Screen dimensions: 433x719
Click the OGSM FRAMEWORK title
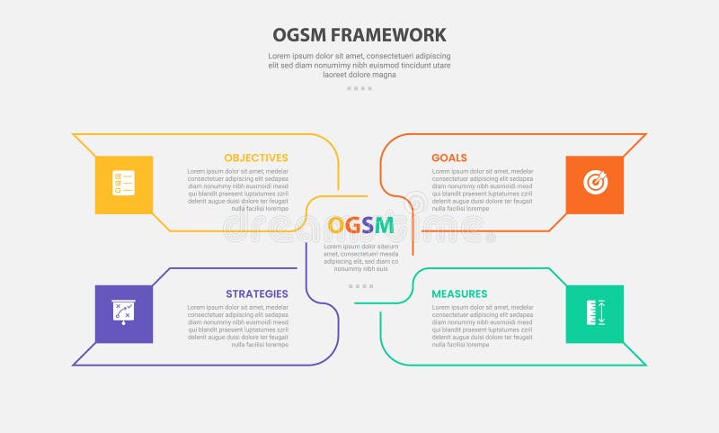pyautogui.click(x=359, y=35)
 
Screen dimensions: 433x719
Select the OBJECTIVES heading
pyautogui.click(x=256, y=158)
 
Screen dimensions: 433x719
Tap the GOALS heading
pyautogui.click(x=449, y=158)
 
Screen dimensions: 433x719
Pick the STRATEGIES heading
pyautogui.click(x=257, y=293)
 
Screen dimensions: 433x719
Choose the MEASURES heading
pyautogui.click(x=459, y=293)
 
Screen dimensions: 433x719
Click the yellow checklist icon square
pyautogui.click(x=124, y=185)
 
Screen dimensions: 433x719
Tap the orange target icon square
pyautogui.click(x=595, y=185)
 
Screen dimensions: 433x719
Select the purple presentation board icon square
pyautogui.click(x=124, y=314)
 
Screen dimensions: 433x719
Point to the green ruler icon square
pyautogui.click(x=595, y=314)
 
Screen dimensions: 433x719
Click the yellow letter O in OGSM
pyautogui.click(x=336, y=226)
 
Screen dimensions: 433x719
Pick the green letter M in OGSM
pyautogui.click(x=384, y=226)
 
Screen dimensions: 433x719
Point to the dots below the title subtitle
pyautogui.click(x=359, y=88)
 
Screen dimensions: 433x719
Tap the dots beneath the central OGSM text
pyautogui.click(x=360, y=285)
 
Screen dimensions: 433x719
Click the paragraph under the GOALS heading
pyautogui.click(x=483, y=189)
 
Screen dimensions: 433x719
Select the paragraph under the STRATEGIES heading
pyautogui.click(x=238, y=326)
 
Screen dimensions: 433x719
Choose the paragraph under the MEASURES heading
pyautogui.click(x=483, y=326)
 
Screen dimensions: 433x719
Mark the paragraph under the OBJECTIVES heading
pyautogui.click(x=238, y=189)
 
